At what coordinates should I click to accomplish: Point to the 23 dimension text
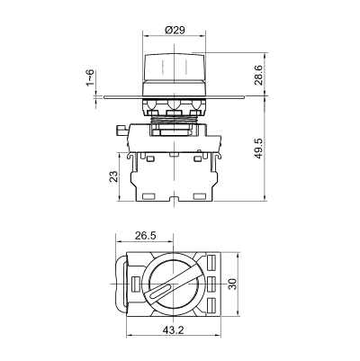(114, 176)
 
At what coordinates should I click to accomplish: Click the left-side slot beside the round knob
(136, 284)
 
